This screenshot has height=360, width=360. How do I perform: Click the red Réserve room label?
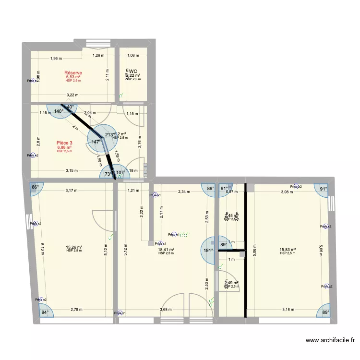click(73, 73)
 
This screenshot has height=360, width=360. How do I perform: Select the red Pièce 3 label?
click(64, 143)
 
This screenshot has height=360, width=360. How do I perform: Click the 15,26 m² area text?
click(74, 248)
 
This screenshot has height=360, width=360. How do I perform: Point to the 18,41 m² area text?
click(166, 250)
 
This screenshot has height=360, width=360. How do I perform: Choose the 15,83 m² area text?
click(287, 250)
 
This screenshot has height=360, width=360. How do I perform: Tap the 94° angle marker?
click(45, 312)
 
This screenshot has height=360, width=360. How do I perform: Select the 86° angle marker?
click(35, 187)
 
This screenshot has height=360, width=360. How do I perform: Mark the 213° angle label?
click(109, 135)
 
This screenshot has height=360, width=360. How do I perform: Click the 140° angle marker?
click(59, 111)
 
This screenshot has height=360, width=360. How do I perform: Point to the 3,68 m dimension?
click(166, 310)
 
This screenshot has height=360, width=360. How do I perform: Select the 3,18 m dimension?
click(288, 310)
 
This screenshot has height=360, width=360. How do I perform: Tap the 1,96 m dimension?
click(56, 59)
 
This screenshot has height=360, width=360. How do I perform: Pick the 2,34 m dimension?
click(184, 192)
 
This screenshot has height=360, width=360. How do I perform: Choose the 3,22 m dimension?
click(73, 95)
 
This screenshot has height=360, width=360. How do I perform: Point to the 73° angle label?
click(108, 174)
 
